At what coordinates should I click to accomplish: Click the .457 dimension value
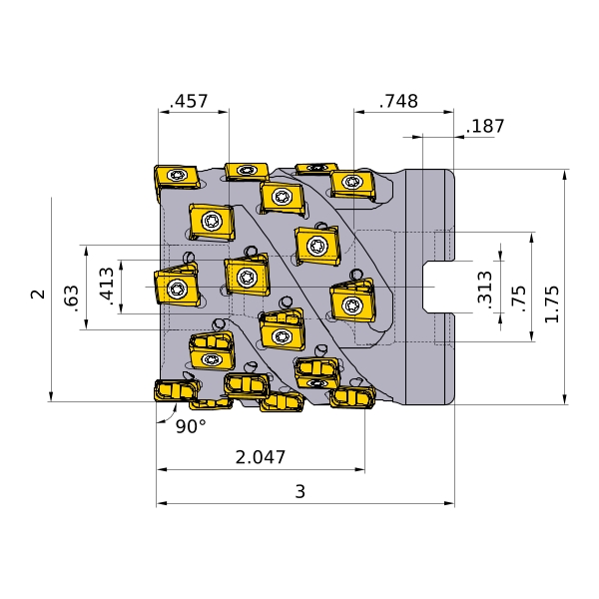click(x=189, y=101)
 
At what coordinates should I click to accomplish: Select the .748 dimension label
click(x=398, y=101)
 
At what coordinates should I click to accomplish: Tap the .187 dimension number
click(x=485, y=126)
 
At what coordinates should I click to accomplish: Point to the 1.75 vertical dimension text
click(x=552, y=303)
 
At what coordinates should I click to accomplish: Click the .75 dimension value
click(x=518, y=299)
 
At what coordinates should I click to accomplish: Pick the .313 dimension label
click(x=485, y=288)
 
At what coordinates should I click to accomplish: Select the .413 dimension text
click(x=107, y=287)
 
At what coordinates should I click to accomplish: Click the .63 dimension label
click(x=72, y=299)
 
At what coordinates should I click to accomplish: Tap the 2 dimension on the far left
click(x=38, y=295)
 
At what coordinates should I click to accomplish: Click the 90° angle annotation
click(x=191, y=426)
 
